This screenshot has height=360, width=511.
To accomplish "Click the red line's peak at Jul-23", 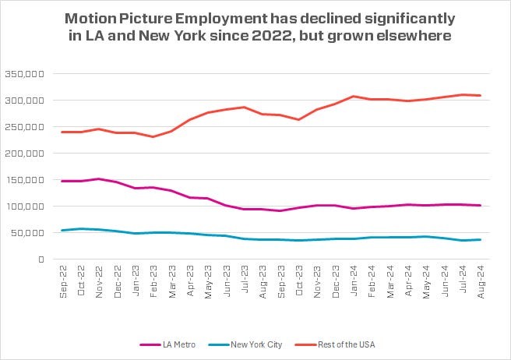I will click(x=243, y=107).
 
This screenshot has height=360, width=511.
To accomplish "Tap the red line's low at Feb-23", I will click(x=153, y=137).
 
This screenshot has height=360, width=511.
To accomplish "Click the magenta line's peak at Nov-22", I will click(x=98, y=178).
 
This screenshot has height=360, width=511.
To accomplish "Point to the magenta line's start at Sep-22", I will click(x=62, y=181).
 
